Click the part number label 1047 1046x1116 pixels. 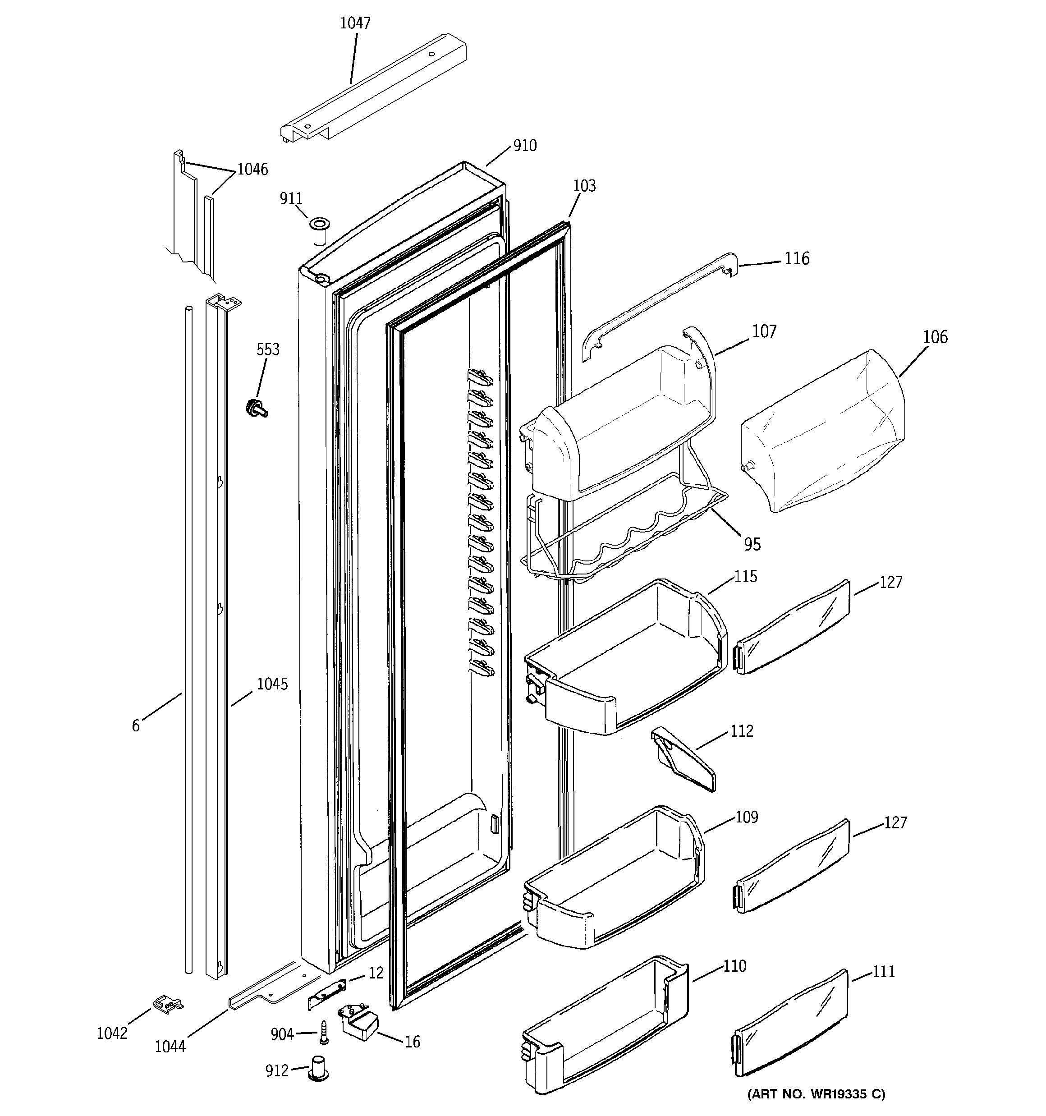coord(355,23)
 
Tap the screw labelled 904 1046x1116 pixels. coord(323,1032)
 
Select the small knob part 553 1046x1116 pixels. coord(256,408)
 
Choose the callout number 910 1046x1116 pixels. coord(525,146)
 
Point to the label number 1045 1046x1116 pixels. coord(272,684)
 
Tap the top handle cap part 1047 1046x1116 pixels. coord(373,90)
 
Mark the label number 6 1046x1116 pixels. coord(136,726)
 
